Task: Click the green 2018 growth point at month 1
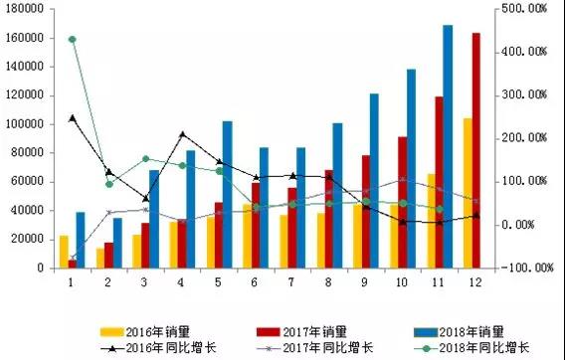coord(72,39)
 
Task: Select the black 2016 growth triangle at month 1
coord(72,117)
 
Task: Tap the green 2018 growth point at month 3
coord(145,158)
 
